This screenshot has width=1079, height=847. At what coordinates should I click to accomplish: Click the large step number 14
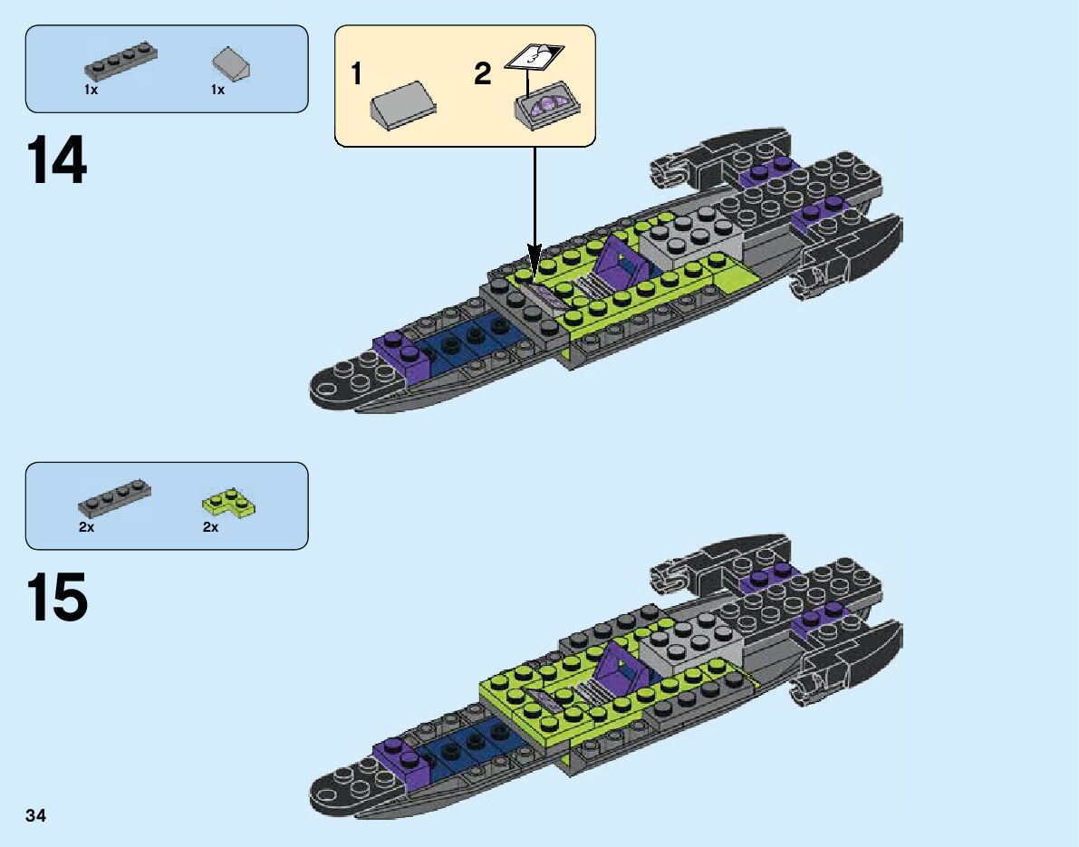point(57,160)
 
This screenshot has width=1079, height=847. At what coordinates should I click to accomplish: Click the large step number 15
point(57,597)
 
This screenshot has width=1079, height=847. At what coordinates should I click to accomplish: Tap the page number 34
point(36,816)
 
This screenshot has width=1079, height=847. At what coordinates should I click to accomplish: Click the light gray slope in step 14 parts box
point(229,65)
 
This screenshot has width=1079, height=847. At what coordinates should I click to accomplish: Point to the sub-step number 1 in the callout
point(358,74)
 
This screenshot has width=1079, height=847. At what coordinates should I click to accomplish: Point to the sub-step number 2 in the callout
point(483,74)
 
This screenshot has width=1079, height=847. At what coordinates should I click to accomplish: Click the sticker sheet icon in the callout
point(533,54)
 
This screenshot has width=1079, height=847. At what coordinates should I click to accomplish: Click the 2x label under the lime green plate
point(210,527)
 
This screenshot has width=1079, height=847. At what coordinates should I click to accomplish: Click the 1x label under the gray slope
point(217,90)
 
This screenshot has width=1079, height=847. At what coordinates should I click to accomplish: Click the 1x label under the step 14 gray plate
point(91,90)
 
